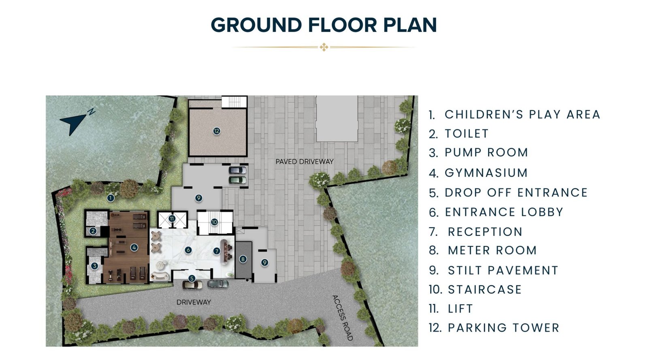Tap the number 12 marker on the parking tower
[217, 131]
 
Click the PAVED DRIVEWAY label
[305, 162]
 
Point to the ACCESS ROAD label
[342, 318]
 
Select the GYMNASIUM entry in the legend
[486, 173]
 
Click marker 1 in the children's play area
[111, 198]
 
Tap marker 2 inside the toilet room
[93, 231]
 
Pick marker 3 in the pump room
[94, 266]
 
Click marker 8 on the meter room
[243, 259]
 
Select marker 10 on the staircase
[214, 222]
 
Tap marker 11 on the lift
[172, 219]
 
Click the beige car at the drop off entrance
[192, 285]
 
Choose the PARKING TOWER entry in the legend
[503, 328]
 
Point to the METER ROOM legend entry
[492, 250]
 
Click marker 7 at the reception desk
[217, 251]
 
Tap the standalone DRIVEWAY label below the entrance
[194, 302]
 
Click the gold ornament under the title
[324, 47]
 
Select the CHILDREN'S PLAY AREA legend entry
[522, 115]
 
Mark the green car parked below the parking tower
[237, 180]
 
